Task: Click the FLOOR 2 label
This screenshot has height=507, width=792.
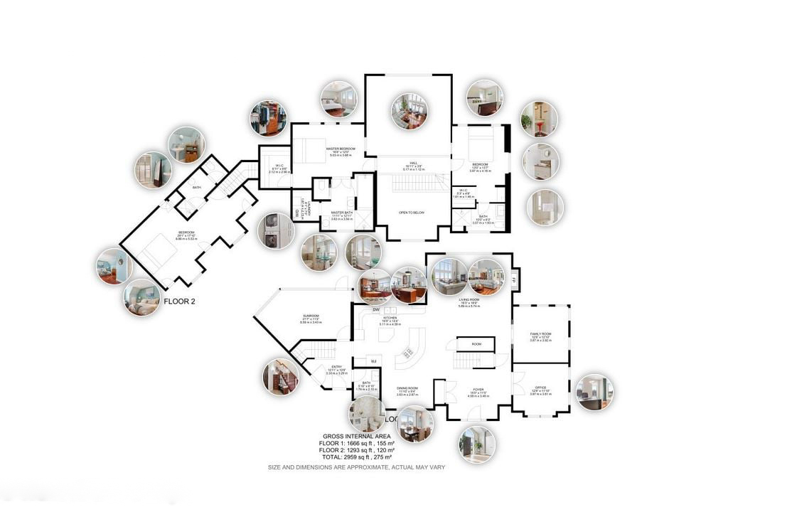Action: coord(179,301)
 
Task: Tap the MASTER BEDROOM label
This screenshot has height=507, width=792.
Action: coord(341,149)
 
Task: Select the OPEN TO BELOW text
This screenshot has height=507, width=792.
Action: coord(412,213)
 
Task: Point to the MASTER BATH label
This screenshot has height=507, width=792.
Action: coord(342,213)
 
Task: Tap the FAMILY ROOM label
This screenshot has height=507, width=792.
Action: coord(541,333)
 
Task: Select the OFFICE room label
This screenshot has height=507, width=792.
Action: coord(540,387)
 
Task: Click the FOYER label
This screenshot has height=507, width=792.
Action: coord(478,389)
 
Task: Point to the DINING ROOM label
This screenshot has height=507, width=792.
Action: coord(407,388)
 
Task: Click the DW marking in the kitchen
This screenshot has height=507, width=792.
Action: coord(375,310)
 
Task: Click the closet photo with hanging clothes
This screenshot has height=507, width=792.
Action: coord(268,118)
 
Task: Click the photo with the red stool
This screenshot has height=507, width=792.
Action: coord(538,119)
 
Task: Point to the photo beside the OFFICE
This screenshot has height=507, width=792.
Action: coord(594,392)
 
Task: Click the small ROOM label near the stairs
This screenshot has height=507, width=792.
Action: coord(476,344)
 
